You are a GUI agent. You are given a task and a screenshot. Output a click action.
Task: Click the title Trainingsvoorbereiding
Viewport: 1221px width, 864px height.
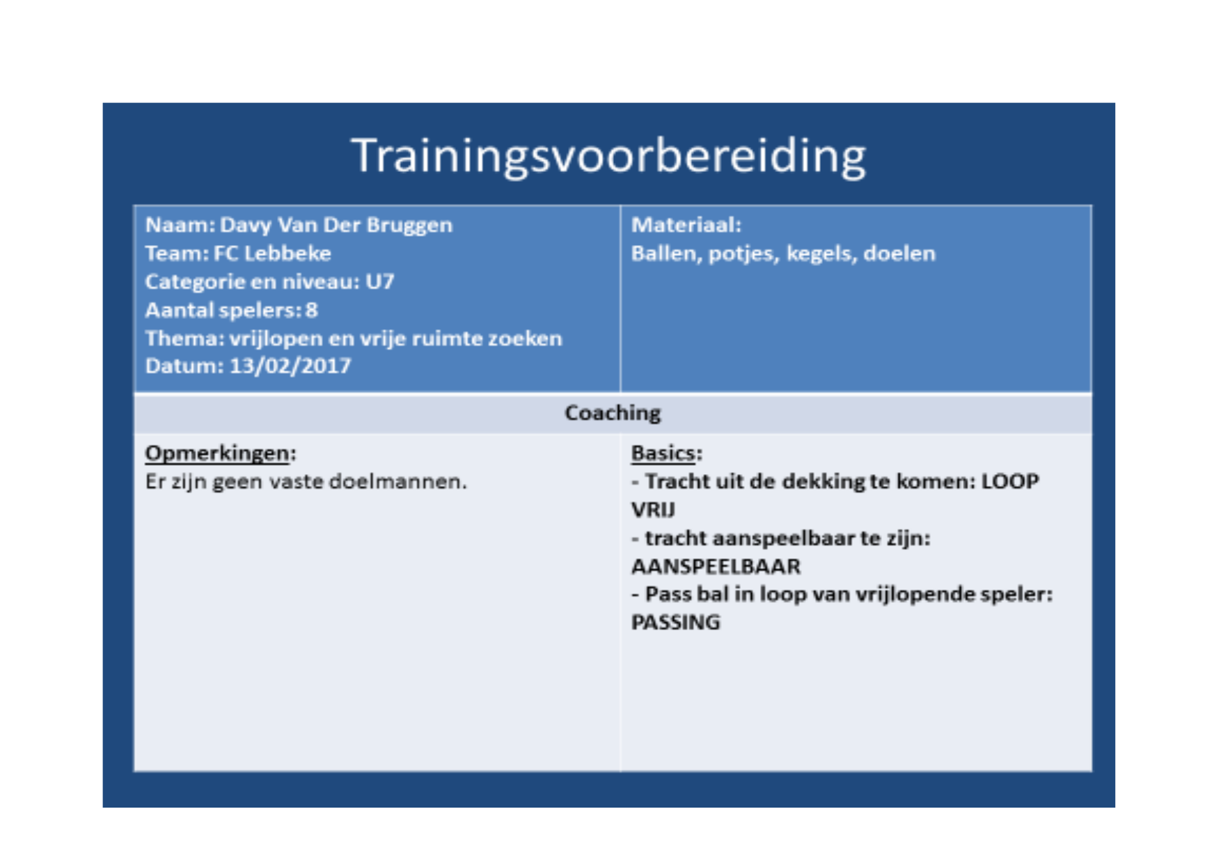(x=609, y=157)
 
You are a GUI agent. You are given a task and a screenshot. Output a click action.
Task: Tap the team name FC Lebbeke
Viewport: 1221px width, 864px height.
(x=272, y=253)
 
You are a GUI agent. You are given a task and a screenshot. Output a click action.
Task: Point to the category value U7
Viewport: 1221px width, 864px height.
(x=380, y=281)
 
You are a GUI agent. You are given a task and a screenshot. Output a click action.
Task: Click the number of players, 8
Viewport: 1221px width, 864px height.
(x=311, y=310)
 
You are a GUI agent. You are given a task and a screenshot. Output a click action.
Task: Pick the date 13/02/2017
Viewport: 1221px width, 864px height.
(x=290, y=366)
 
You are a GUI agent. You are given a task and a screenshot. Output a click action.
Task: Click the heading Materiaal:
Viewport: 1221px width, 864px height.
(x=686, y=225)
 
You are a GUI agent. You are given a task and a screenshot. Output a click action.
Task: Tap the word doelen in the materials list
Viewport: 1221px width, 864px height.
(x=899, y=253)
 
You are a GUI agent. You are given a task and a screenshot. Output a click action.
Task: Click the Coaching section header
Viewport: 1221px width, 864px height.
(x=613, y=414)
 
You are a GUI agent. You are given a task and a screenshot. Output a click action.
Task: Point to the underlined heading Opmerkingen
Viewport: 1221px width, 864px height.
(x=217, y=454)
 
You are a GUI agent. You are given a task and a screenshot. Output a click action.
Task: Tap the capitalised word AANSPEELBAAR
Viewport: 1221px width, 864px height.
(x=716, y=567)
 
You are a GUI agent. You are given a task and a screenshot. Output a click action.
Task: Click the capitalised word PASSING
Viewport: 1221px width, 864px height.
(x=676, y=622)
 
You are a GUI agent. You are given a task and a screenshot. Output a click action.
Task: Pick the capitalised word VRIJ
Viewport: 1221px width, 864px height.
(x=653, y=510)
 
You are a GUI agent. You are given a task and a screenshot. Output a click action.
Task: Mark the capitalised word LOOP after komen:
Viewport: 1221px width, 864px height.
(x=1010, y=481)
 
